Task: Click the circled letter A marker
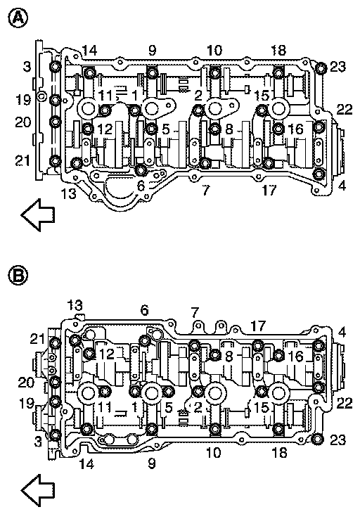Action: click(18, 18)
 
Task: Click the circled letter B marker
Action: click(18, 276)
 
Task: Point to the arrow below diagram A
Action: click(38, 214)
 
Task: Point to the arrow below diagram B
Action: click(38, 490)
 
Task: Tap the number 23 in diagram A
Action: click(337, 67)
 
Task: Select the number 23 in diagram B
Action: click(337, 440)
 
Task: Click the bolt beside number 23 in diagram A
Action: click(321, 68)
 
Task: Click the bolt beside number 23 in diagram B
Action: click(317, 439)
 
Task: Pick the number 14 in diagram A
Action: click(89, 51)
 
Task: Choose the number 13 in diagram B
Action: click(75, 305)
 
